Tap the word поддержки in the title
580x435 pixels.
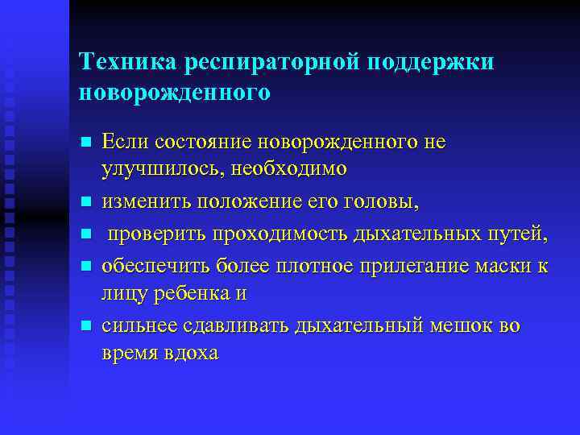pos(433,62)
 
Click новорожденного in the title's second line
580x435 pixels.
pos(175,92)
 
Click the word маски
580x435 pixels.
pos(489,264)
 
